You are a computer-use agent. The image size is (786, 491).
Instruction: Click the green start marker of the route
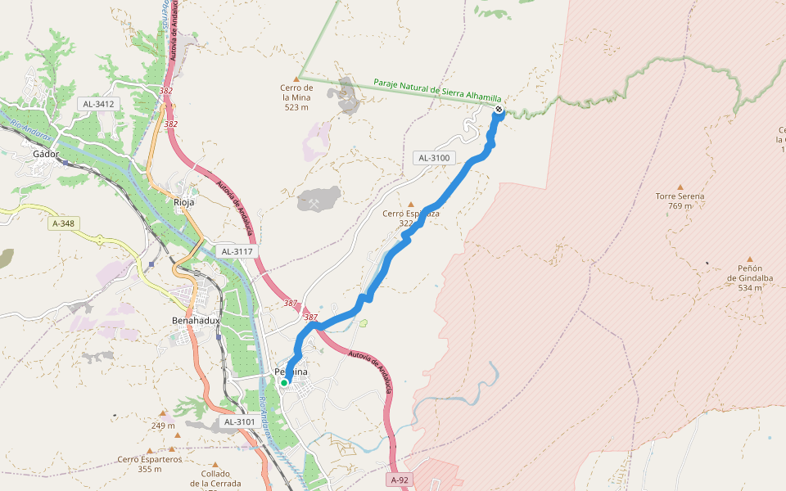point(284,382)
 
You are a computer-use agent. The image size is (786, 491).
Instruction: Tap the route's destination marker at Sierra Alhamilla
point(498,110)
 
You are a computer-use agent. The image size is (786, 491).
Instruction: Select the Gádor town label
point(46,154)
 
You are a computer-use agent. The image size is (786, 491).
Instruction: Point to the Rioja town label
point(184,201)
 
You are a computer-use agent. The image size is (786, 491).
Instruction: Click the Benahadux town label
point(196,320)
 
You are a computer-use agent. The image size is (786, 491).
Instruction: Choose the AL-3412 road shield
point(98,104)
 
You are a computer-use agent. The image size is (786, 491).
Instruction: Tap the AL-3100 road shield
point(434,158)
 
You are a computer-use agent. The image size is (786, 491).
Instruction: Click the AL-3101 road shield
point(240,422)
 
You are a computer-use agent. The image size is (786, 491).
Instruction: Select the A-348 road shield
point(63,223)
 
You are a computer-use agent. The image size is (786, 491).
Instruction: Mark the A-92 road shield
point(399,480)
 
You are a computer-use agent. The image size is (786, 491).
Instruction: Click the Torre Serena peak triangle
point(680,187)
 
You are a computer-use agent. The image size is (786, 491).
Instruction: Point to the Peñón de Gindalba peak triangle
point(749,259)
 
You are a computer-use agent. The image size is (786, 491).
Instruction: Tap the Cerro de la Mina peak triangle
point(296,79)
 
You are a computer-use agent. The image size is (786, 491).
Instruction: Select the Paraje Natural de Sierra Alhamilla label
point(437,90)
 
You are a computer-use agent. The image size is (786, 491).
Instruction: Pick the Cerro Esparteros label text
point(149,459)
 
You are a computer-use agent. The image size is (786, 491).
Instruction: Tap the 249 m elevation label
point(163,426)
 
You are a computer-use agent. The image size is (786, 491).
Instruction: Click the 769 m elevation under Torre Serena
point(680,206)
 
